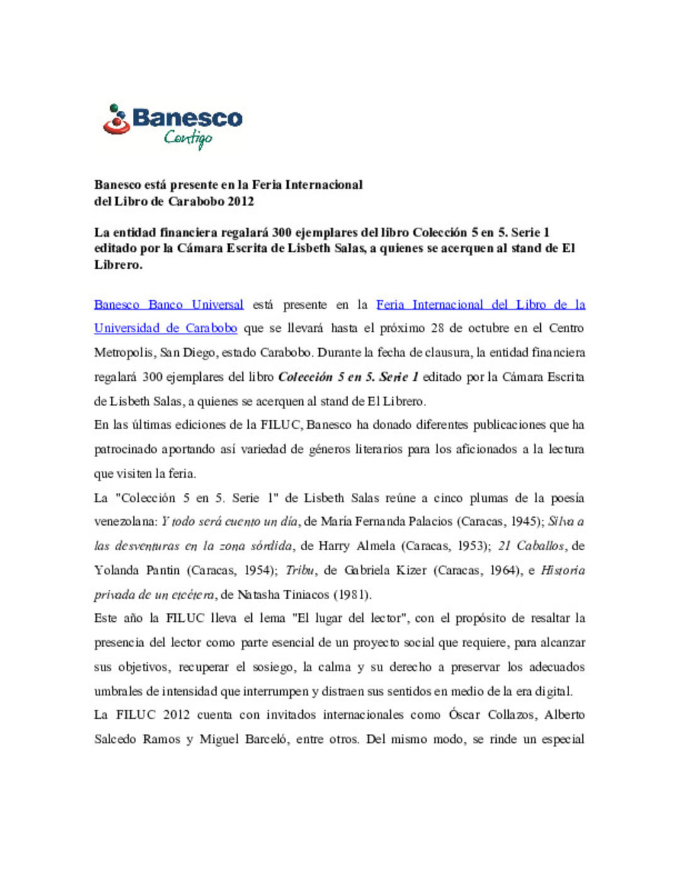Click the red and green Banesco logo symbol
pos(116,120)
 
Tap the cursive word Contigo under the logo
pos(188,138)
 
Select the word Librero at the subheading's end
pos(118,264)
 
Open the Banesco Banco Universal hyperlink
pos(169,305)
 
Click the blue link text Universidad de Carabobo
pos(166,328)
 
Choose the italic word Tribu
pos(300,570)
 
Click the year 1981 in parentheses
pos(351,594)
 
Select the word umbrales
pos(118,691)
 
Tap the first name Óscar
pos(464,714)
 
